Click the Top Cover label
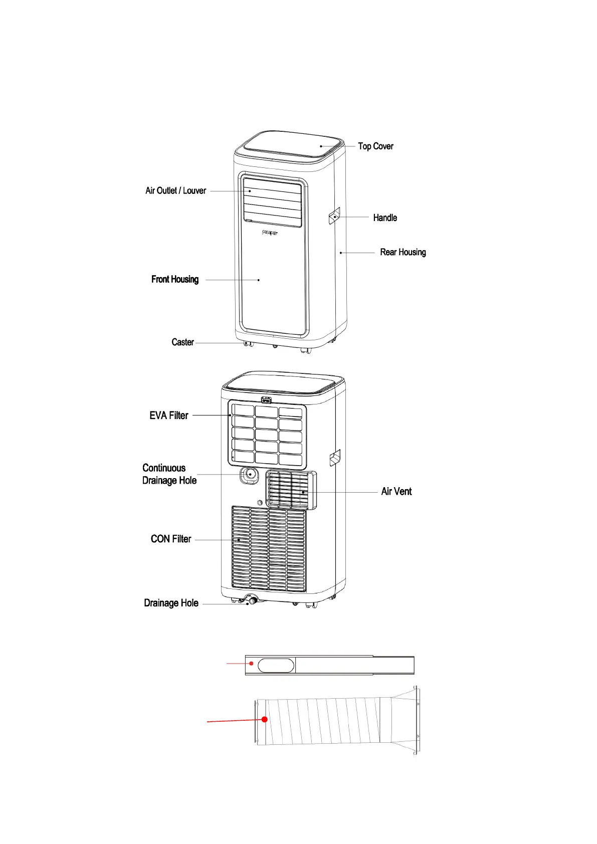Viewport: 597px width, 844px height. pos(375,146)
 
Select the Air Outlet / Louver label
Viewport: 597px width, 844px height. pos(175,190)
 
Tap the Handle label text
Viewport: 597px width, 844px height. pos(385,218)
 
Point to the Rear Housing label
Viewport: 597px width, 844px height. pos(403,252)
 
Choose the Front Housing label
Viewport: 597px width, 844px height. pos(175,279)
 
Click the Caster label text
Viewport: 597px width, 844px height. pos(183,342)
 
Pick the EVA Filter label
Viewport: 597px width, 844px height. pos(169,415)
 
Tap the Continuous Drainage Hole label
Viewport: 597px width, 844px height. pos(169,474)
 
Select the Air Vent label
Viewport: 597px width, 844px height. pos(396,491)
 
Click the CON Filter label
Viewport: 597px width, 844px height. pos(171,539)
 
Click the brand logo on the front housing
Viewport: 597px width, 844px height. pos(270,233)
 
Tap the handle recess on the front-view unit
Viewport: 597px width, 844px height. pos(334,216)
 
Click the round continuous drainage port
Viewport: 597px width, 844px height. pos(250,475)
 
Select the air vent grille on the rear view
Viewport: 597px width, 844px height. pos(291,490)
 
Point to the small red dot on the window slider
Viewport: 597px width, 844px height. pos(252,663)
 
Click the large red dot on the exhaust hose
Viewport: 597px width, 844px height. pos(265,719)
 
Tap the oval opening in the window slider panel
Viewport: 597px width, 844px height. pos(276,666)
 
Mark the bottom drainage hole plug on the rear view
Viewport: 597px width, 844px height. pos(252,599)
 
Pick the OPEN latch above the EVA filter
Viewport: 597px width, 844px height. pos(266,400)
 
